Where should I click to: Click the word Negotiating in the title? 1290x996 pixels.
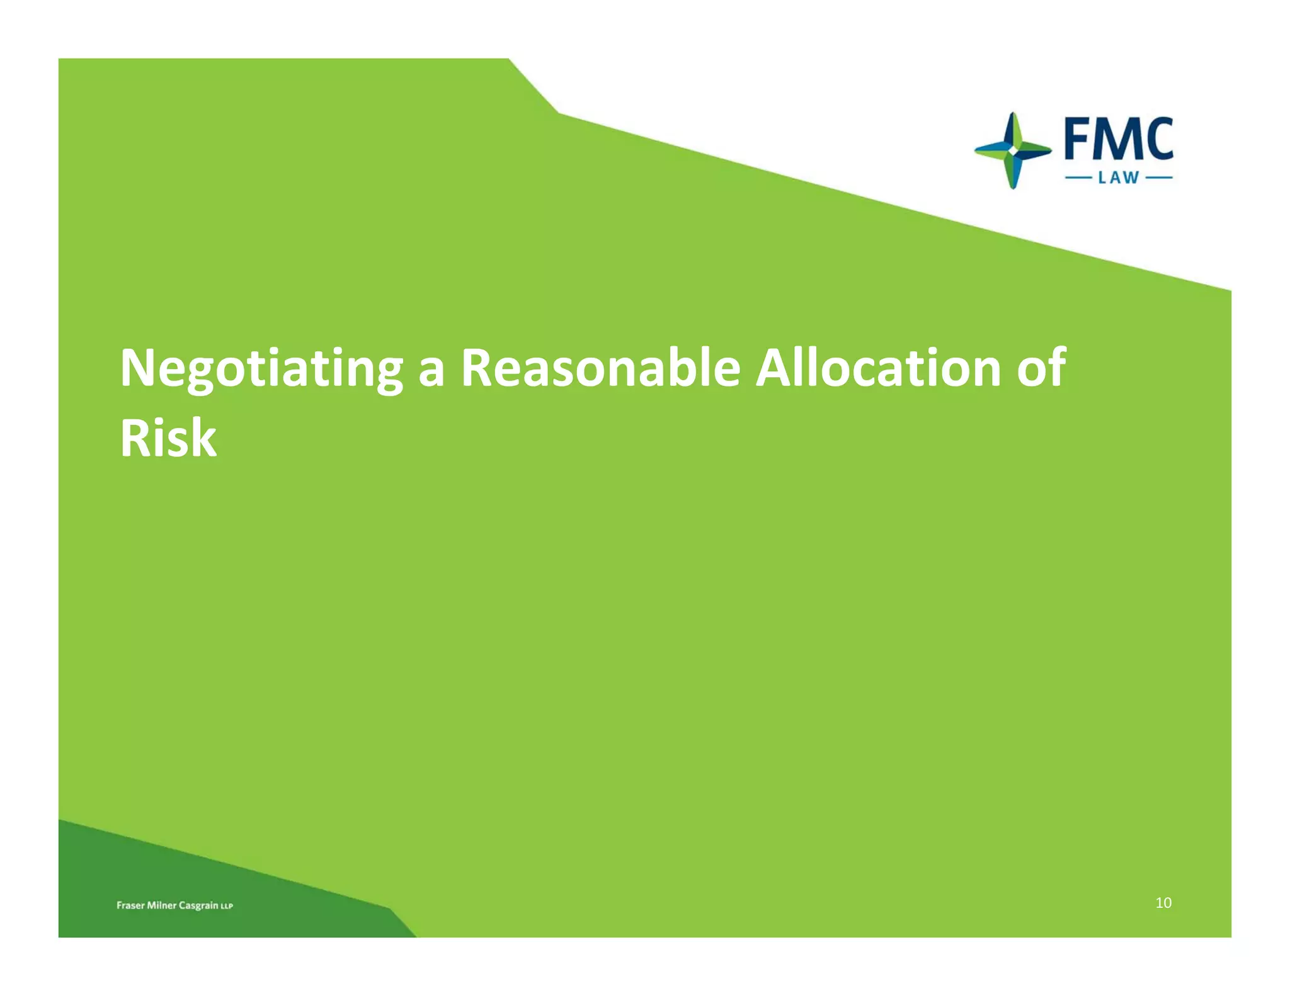(x=261, y=368)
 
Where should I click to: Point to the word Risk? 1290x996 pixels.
(x=168, y=438)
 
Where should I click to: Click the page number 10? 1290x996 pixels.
(x=1163, y=903)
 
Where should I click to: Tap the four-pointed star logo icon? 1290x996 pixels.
(x=1012, y=151)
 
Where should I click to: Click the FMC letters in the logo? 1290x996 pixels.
(x=1119, y=140)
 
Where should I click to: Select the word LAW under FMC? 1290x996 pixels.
(x=1119, y=178)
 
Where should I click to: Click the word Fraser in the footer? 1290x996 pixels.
(x=130, y=905)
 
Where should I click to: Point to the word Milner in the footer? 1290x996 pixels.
(x=161, y=905)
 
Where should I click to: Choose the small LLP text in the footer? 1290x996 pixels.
(x=227, y=907)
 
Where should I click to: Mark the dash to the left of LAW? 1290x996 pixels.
(x=1078, y=178)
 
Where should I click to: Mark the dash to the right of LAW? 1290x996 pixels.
(x=1159, y=178)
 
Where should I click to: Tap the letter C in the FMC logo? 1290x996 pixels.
(x=1157, y=140)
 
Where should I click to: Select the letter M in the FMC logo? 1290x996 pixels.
(x=1114, y=140)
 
